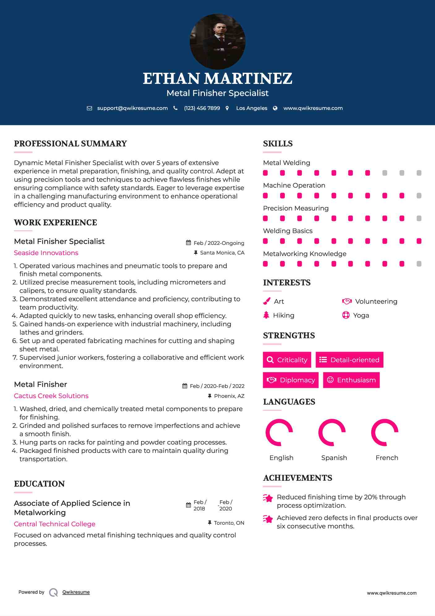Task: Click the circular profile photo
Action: click(x=217, y=41)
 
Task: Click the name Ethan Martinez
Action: click(x=217, y=78)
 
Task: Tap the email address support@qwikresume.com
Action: click(x=132, y=108)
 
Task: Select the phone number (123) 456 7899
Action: click(x=202, y=108)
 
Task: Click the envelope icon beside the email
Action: click(x=89, y=108)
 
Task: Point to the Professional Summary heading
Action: click(x=70, y=144)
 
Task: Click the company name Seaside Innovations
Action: click(x=46, y=253)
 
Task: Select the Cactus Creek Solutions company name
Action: click(x=51, y=396)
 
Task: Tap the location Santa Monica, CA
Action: click(x=222, y=253)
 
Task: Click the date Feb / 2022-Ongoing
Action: click(x=219, y=243)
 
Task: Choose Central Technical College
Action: click(x=54, y=524)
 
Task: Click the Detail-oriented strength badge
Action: click(x=349, y=360)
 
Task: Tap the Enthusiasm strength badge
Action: click(x=351, y=380)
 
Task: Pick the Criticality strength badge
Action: click(x=287, y=360)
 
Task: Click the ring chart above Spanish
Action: click(x=332, y=432)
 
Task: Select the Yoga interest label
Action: click(x=361, y=315)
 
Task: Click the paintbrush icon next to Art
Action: click(x=267, y=301)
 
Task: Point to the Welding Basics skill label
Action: click(x=288, y=231)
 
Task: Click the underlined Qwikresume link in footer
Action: click(x=76, y=592)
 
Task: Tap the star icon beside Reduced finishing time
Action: click(x=268, y=498)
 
